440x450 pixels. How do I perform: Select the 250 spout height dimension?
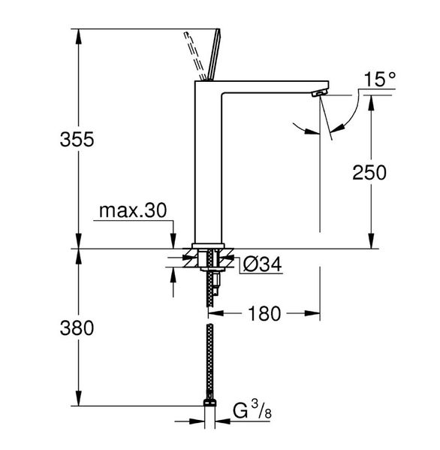point(369,172)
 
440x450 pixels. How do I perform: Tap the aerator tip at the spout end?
point(319,92)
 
